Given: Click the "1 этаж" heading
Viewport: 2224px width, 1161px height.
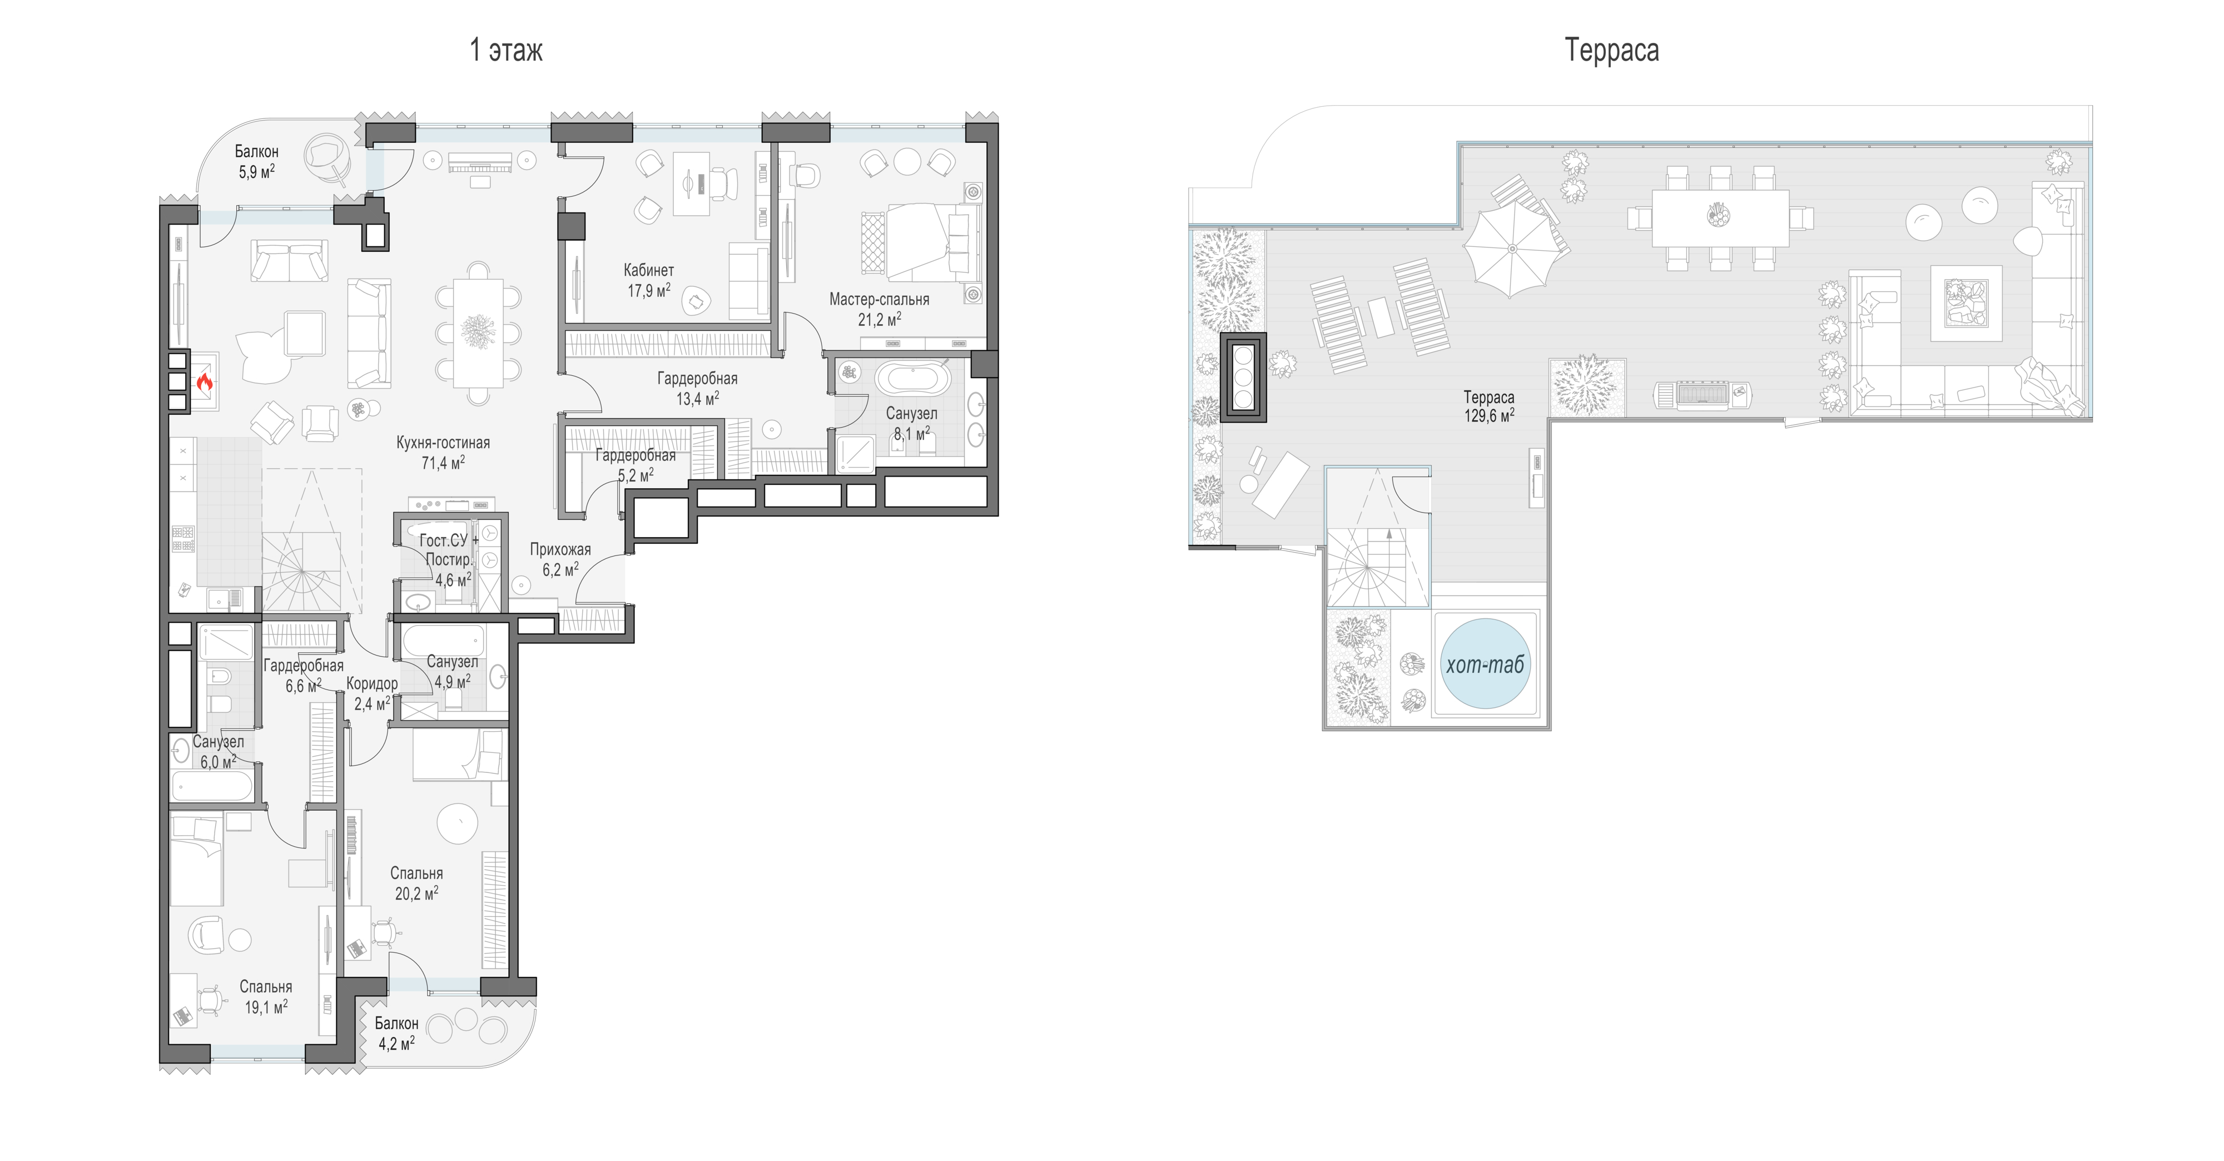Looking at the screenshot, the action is [506, 50].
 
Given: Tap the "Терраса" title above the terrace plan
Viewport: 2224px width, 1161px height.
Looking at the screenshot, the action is [1611, 50].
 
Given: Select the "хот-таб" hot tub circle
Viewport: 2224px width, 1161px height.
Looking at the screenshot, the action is [1485, 664].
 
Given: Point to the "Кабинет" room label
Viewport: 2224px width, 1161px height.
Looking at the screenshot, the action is [648, 270].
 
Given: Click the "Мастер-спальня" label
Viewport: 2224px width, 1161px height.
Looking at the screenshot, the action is [879, 300].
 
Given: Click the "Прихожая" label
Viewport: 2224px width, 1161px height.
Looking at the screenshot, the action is [560, 550].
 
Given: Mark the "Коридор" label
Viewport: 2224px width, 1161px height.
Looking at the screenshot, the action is [372, 684].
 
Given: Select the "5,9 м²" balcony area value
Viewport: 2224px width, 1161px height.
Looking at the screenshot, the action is [256, 172].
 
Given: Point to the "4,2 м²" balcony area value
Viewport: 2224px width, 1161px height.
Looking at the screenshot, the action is [396, 1043].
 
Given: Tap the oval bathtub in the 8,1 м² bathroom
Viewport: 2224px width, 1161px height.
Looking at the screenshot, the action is [914, 379].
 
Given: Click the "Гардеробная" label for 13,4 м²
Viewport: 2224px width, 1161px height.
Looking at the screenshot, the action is [697, 378].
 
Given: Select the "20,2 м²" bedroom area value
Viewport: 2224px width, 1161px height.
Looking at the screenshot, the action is [416, 894].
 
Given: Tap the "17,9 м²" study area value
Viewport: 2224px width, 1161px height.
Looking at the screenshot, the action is [648, 291].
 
